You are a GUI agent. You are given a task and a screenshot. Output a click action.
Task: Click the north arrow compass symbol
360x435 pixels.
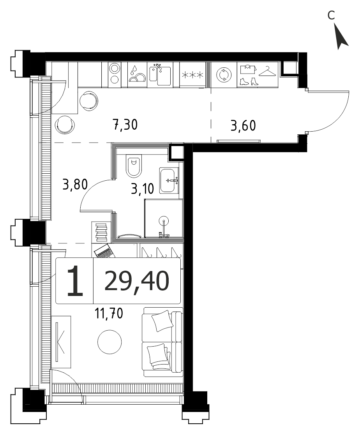pyautogui.click(x=341, y=37)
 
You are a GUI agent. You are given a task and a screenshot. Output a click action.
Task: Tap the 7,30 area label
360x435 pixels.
pyautogui.click(x=125, y=125)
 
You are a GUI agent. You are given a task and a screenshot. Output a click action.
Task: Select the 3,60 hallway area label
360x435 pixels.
pyautogui.click(x=243, y=125)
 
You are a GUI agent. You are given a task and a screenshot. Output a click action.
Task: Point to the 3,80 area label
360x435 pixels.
pyautogui.click(x=75, y=185)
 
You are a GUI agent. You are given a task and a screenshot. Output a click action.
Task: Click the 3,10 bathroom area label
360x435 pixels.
pyautogui.click(x=142, y=189)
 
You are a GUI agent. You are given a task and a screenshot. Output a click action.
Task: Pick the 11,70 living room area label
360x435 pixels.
pyautogui.click(x=109, y=313)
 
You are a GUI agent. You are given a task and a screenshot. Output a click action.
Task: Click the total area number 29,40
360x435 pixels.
pyautogui.click(x=137, y=281)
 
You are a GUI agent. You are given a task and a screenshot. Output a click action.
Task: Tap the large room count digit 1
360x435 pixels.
pyautogui.click(x=75, y=281)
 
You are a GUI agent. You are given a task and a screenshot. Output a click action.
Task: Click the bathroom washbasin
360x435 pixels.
pyautogui.click(x=169, y=181)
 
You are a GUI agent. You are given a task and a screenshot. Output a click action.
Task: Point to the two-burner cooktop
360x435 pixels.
pyautogui.click(x=115, y=73)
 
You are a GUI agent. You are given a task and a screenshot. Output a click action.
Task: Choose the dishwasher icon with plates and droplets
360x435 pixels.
pyautogui.click(x=137, y=74)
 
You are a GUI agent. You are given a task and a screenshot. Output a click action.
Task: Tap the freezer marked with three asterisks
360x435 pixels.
pyautogui.click(x=192, y=75)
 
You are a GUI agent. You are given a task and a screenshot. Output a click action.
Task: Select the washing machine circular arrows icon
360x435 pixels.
pyautogui.click(x=224, y=75)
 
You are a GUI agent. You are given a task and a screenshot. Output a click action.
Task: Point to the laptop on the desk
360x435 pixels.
pyautogui.click(x=104, y=251)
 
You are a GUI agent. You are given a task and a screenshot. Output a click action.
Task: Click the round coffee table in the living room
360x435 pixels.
pyautogui.click(x=109, y=342)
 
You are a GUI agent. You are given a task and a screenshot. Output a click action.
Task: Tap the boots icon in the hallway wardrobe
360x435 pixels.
pyautogui.click(x=249, y=81)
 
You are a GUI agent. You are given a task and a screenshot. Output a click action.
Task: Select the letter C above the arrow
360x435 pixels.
pyautogui.click(x=331, y=15)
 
